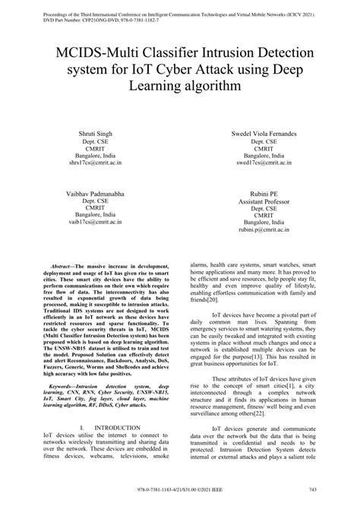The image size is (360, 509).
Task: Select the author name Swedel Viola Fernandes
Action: point(264,133)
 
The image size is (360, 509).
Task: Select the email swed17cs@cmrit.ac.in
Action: point(264,162)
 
